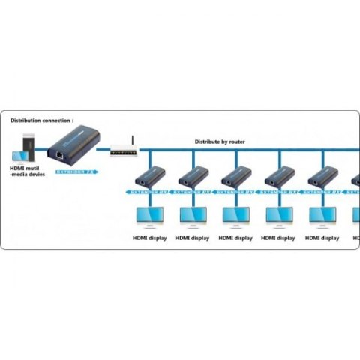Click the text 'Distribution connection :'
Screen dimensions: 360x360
click(x=42, y=120)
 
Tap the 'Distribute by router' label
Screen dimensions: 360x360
click(x=220, y=141)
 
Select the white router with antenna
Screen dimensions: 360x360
click(x=123, y=151)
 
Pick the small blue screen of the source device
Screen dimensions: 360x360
click(x=17, y=155)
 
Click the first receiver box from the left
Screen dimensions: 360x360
click(x=150, y=176)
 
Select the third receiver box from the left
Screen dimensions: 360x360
click(x=236, y=176)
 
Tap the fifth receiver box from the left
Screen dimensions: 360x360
click(x=322, y=176)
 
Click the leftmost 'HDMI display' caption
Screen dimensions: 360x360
click(x=149, y=238)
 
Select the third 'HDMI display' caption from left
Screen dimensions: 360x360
click(x=235, y=238)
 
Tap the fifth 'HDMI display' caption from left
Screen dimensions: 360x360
click(x=322, y=238)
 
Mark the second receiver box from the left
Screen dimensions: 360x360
click(x=193, y=176)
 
